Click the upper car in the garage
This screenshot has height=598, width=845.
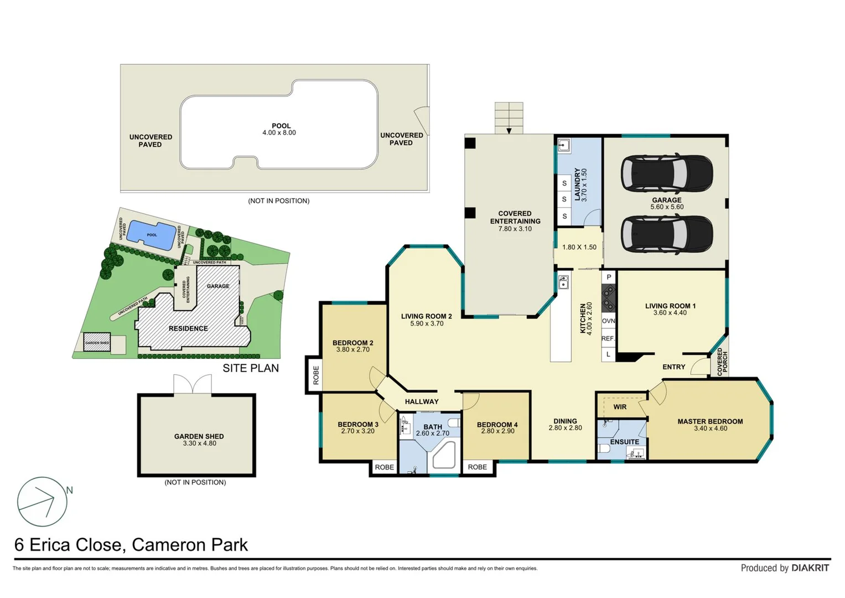tap(666, 173)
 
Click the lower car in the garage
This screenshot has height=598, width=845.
tap(666, 234)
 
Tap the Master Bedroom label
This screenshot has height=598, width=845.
tap(710, 421)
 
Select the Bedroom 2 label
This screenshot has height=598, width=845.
tap(352, 343)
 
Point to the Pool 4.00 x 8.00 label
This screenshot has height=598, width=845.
tap(281, 129)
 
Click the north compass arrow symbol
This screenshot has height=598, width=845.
tap(43, 501)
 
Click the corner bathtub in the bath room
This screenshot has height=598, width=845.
tap(443, 456)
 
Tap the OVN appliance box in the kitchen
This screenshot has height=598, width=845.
tap(608, 321)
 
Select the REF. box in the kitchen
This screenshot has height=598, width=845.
tap(608, 338)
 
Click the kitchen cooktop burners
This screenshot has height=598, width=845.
tap(608, 298)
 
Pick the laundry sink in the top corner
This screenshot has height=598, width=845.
tap(564, 146)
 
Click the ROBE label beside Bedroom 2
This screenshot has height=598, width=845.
tap(316, 375)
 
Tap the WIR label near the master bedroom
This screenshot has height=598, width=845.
tap(620, 407)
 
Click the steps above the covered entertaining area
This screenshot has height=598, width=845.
tap(509, 117)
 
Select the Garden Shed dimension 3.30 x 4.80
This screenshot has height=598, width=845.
tap(199, 444)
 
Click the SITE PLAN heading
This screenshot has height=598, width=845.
tap(251, 368)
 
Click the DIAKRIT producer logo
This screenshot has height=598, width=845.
tap(810, 568)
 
